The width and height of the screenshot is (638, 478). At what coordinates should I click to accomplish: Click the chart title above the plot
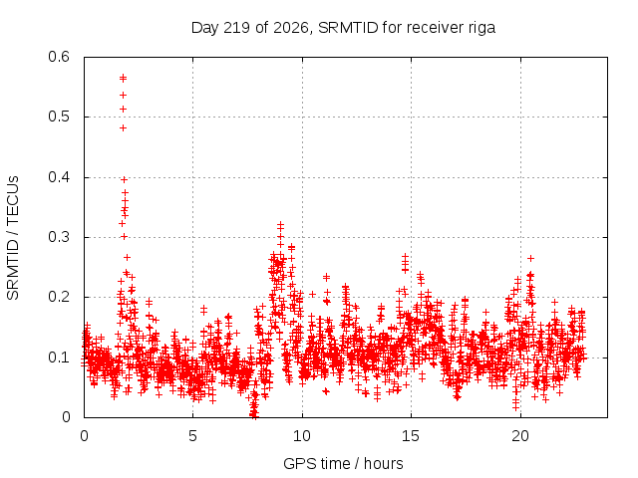point(343,28)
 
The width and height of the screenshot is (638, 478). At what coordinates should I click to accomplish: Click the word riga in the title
point(481,28)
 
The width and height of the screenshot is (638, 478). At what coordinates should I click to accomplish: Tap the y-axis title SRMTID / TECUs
point(13,238)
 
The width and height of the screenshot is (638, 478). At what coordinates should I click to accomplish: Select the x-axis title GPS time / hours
point(343,463)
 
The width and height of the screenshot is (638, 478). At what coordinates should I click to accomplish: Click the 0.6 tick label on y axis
point(59,57)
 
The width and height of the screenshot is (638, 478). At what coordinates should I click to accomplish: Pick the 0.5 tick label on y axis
point(59,117)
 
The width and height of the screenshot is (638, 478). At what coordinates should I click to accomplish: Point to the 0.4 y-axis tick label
point(59,177)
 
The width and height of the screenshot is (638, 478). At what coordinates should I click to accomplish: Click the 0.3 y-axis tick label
point(59,237)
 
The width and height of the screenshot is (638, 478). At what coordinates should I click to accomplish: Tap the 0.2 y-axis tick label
point(59,297)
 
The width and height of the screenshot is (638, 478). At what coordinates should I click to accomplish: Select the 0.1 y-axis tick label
point(59,358)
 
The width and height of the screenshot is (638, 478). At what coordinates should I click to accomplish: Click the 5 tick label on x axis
point(192,436)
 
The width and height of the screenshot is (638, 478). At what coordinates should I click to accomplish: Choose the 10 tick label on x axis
point(302,436)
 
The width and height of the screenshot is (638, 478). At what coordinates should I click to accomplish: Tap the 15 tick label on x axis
point(411,436)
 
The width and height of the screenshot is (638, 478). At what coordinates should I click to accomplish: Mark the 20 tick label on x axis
point(520,436)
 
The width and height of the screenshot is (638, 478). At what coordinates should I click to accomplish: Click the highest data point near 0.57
point(123,78)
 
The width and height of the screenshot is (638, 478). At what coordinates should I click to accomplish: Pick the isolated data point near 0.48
point(123,128)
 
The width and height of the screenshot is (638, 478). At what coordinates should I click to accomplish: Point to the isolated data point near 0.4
point(124,179)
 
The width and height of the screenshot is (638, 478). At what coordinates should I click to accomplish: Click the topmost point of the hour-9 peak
point(280,224)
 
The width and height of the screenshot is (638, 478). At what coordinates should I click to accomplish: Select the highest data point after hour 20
point(530,258)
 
